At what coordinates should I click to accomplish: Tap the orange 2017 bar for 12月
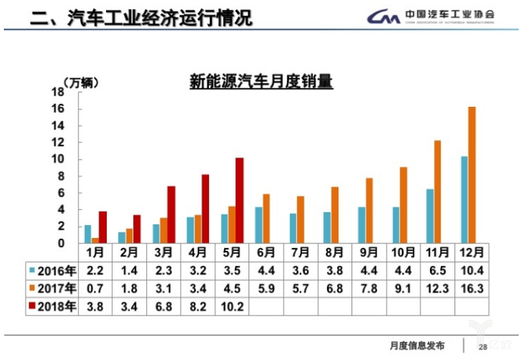(x=472, y=174)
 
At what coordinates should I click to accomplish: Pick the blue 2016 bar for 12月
(x=463, y=199)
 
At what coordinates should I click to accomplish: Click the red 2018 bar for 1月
(x=103, y=227)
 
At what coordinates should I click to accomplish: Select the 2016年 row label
(x=52, y=269)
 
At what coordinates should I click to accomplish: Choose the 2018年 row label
(x=52, y=307)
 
